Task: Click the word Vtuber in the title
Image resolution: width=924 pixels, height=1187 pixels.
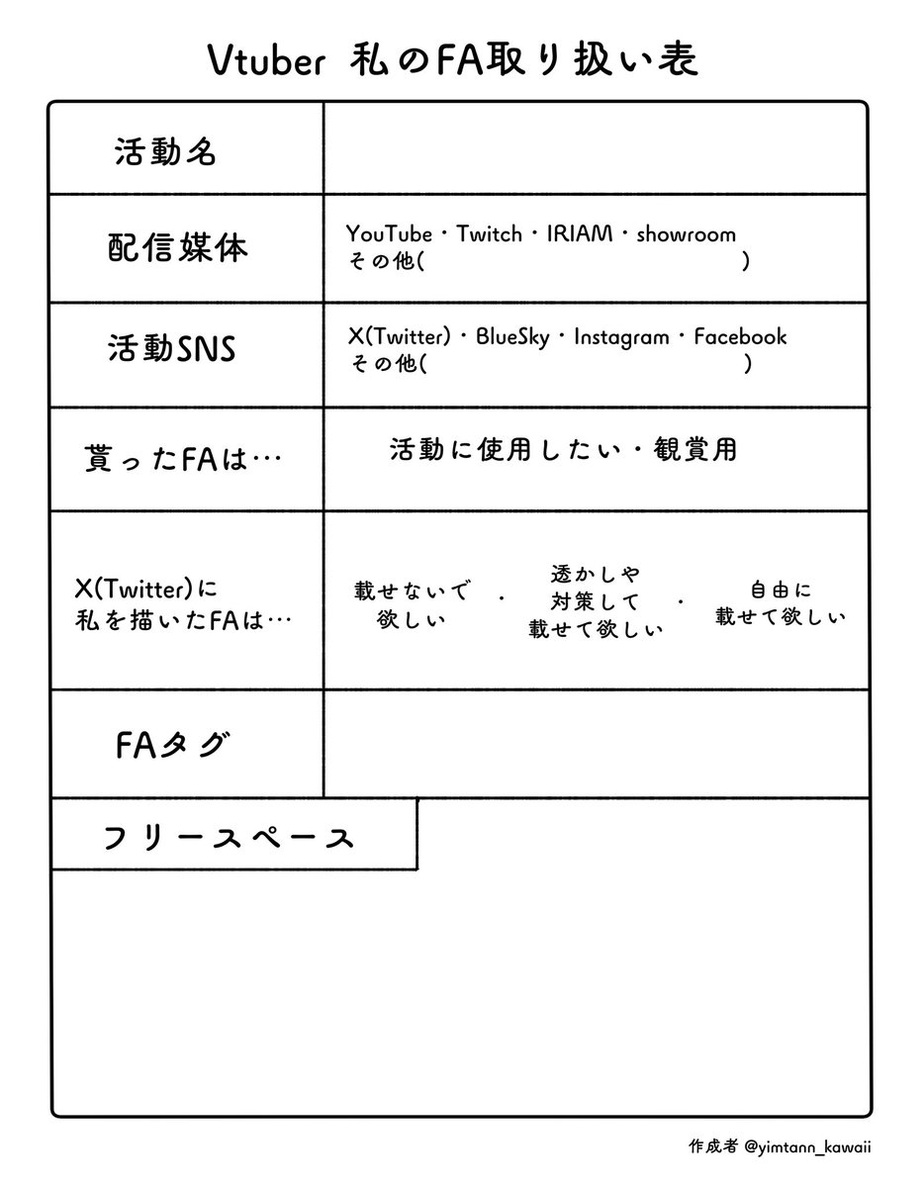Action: [267, 60]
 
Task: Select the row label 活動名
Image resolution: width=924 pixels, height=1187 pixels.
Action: [165, 151]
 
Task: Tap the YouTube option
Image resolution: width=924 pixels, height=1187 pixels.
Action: [389, 234]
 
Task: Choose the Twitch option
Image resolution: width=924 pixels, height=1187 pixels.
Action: [490, 234]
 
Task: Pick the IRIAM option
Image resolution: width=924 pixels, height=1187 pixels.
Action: [580, 234]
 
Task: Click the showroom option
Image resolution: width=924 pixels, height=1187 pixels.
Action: [686, 234]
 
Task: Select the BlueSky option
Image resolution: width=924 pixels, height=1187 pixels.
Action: [512, 337]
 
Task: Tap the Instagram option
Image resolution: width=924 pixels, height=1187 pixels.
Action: [621, 337]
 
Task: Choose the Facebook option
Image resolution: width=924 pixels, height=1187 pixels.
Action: [740, 336]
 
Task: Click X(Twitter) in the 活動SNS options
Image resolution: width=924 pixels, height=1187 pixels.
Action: [400, 336]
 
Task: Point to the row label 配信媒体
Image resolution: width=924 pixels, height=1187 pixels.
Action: [178, 248]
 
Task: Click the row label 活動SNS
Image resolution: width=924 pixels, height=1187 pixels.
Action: [171, 348]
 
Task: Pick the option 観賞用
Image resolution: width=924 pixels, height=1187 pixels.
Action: [695, 449]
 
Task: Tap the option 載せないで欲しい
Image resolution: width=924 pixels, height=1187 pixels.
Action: [412, 604]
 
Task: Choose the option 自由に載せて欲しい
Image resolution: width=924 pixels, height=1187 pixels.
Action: [781, 603]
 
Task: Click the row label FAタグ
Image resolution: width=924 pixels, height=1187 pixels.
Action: [171, 746]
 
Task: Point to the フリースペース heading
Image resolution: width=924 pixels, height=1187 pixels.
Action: [229, 839]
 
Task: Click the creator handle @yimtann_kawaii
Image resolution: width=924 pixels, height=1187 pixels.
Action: [807, 1146]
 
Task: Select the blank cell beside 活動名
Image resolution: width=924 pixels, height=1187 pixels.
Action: [596, 148]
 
